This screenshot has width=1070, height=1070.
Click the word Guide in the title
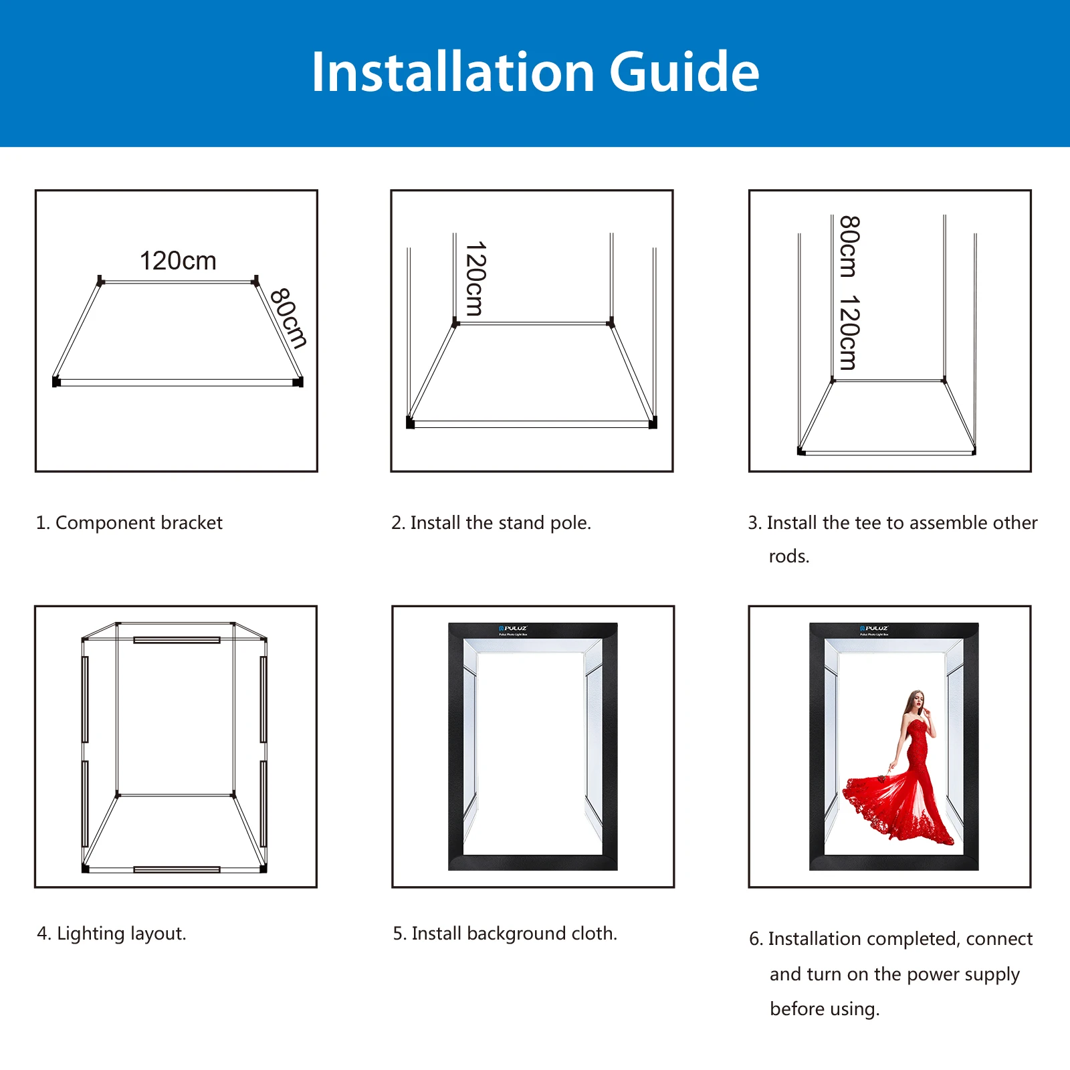(683, 72)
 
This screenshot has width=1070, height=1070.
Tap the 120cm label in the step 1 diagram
(178, 261)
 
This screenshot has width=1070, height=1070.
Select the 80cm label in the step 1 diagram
(289, 318)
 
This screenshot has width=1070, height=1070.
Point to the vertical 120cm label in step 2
(475, 279)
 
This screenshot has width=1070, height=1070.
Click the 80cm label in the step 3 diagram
(849, 246)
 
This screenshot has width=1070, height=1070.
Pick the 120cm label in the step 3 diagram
(849, 332)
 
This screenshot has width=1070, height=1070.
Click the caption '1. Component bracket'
(129, 523)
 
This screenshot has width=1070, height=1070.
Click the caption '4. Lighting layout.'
(112, 934)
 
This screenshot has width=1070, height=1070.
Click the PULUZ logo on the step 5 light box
(513, 629)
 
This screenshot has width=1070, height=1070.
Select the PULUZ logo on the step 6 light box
(874, 629)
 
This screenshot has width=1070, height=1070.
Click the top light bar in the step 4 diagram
(177, 640)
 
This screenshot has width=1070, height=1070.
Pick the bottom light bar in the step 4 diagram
(177, 869)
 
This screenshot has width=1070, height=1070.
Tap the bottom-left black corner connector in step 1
(56, 382)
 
